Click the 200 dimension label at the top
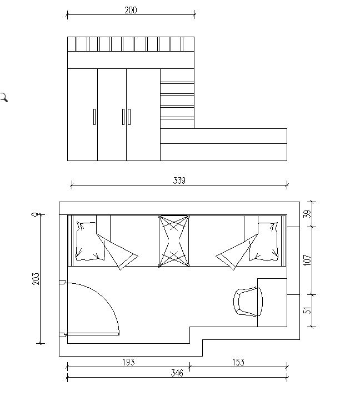click(131, 10)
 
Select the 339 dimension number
click(179, 181)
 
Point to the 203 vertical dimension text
click(36, 278)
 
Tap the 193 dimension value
click(128, 362)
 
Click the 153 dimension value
click(238, 362)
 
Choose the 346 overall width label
click(177, 373)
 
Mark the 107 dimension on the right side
click(307, 260)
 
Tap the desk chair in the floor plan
click(248, 302)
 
